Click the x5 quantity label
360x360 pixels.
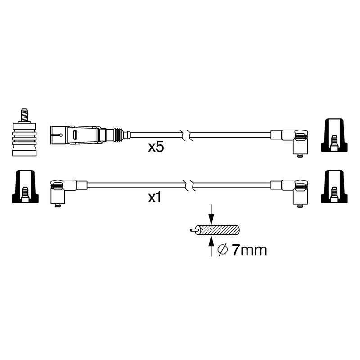point(156,147)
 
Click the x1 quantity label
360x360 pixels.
point(155,198)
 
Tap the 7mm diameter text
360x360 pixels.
point(249,250)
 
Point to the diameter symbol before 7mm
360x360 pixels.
point(222,250)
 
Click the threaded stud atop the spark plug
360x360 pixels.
point(24,116)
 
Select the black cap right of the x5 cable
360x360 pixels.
point(334,135)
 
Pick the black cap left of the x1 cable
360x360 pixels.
point(25,187)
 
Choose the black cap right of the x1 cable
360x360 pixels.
point(334,187)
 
